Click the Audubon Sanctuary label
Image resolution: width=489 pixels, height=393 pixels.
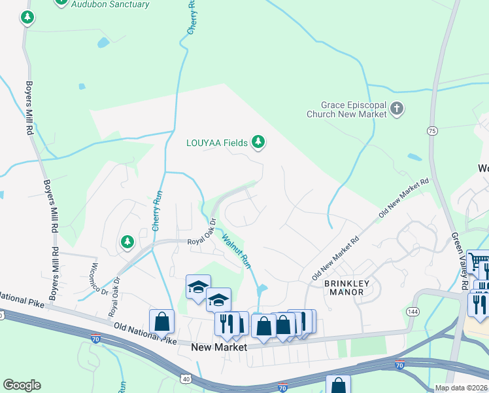point(110,5)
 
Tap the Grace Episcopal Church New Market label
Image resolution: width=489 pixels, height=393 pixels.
point(346,109)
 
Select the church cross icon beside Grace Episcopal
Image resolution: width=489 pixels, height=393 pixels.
point(396,108)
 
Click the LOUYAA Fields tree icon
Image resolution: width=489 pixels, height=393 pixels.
point(259,141)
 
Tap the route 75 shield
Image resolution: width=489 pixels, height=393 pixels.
point(432,131)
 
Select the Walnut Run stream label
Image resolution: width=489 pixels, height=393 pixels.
point(237,250)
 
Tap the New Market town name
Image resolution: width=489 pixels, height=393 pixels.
point(219,347)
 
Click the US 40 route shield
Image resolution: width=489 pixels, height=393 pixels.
point(186,379)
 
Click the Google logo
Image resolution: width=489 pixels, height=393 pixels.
point(22,385)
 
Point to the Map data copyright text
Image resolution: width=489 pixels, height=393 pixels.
point(461,388)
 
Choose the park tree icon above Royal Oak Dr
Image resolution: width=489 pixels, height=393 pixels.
point(127,243)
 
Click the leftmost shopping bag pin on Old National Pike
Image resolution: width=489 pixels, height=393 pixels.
point(161,322)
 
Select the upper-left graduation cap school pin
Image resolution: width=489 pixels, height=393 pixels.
point(198,286)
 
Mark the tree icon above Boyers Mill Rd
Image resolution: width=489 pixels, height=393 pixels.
point(27,18)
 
